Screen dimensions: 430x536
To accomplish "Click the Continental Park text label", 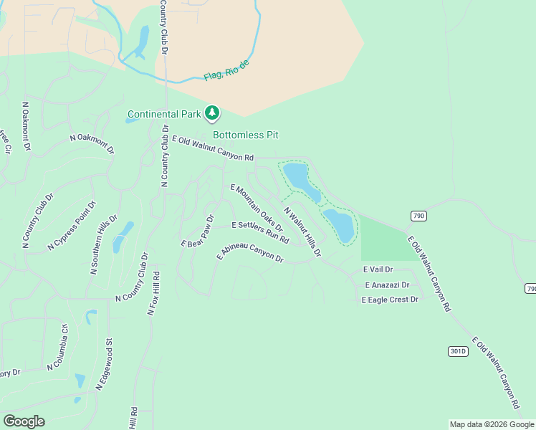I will (164, 114).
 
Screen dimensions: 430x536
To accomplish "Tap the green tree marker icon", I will (211, 113).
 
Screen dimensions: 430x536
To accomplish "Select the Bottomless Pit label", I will (245, 135).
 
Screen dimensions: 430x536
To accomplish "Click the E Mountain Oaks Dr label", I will (256, 208).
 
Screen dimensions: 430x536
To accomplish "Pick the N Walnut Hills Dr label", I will (302, 232).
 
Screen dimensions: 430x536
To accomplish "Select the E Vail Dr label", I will (378, 269).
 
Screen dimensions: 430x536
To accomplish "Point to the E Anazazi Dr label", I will (386, 285).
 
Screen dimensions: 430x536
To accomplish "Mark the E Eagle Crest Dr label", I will (389, 300).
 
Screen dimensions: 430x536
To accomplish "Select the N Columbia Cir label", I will (57, 348).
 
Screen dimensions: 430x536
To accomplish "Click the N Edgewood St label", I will (105, 365).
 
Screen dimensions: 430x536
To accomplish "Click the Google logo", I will (24, 421).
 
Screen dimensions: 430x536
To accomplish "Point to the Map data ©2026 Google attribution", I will (492, 424).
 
